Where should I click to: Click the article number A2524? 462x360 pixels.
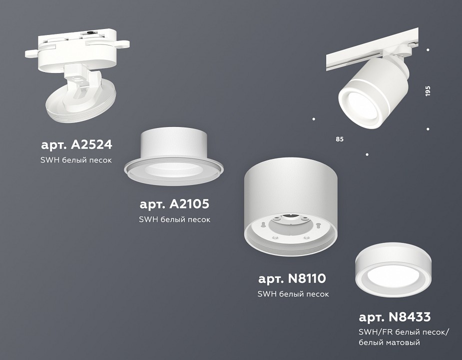76,145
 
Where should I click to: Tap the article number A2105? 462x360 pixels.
174,204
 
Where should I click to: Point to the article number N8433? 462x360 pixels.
395,317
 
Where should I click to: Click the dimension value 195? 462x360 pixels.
428,91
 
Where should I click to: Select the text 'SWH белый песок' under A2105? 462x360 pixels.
174,219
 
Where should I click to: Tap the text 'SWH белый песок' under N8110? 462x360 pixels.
293,294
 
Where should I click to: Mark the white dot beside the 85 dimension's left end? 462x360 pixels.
314,119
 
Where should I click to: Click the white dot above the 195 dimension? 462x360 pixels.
428,50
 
